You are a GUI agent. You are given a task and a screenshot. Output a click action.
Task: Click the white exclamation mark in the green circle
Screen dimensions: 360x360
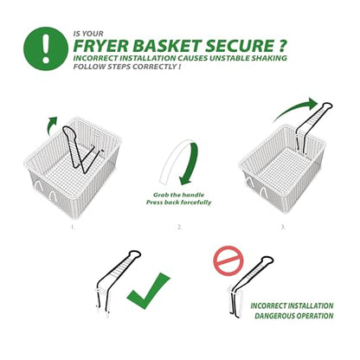click(46, 48)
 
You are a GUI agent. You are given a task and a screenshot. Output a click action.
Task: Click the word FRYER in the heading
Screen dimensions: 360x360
click(101, 46)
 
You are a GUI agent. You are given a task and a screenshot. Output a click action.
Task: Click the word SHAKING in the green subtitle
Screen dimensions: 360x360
click(269, 58)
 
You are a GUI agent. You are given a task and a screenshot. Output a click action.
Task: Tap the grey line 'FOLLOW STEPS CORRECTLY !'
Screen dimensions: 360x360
click(127, 67)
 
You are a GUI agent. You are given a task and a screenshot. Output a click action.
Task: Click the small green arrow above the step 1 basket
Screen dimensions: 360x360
click(51, 125)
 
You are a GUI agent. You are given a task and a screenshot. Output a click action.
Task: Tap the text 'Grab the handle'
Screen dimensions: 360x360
click(178, 195)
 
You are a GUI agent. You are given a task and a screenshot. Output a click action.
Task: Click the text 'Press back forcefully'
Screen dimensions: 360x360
click(178, 202)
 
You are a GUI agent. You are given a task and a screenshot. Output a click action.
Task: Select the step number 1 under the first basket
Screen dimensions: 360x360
click(74, 227)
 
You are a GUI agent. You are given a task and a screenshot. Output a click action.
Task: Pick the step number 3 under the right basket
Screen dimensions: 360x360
click(283, 227)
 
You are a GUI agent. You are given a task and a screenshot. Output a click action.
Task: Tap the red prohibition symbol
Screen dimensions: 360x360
click(228, 260)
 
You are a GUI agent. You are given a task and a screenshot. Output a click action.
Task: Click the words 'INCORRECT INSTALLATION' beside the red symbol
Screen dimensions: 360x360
click(292, 305)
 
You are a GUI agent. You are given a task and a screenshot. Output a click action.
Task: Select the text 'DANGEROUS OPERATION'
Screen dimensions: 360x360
click(294, 316)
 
